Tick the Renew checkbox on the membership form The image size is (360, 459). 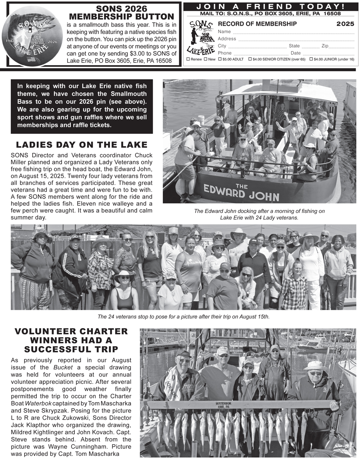[x=188, y=59]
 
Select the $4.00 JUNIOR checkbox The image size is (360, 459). [x=311, y=59]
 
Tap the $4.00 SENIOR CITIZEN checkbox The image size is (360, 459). [x=250, y=59]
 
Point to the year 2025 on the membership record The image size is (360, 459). [x=345, y=24]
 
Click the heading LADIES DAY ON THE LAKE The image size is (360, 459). [x=82, y=145]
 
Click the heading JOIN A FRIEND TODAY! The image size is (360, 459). [x=271, y=6]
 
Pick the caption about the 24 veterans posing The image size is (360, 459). [x=184, y=317]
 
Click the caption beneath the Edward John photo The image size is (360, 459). [x=259, y=214]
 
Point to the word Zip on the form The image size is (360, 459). [x=325, y=46]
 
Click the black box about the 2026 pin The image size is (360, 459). [x=82, y=106]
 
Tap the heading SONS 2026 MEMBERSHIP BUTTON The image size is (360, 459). [x=122, y=13]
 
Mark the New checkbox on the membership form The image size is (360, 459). [x=206, y=59]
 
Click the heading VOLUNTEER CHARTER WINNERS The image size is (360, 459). [x=71, y=340]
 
